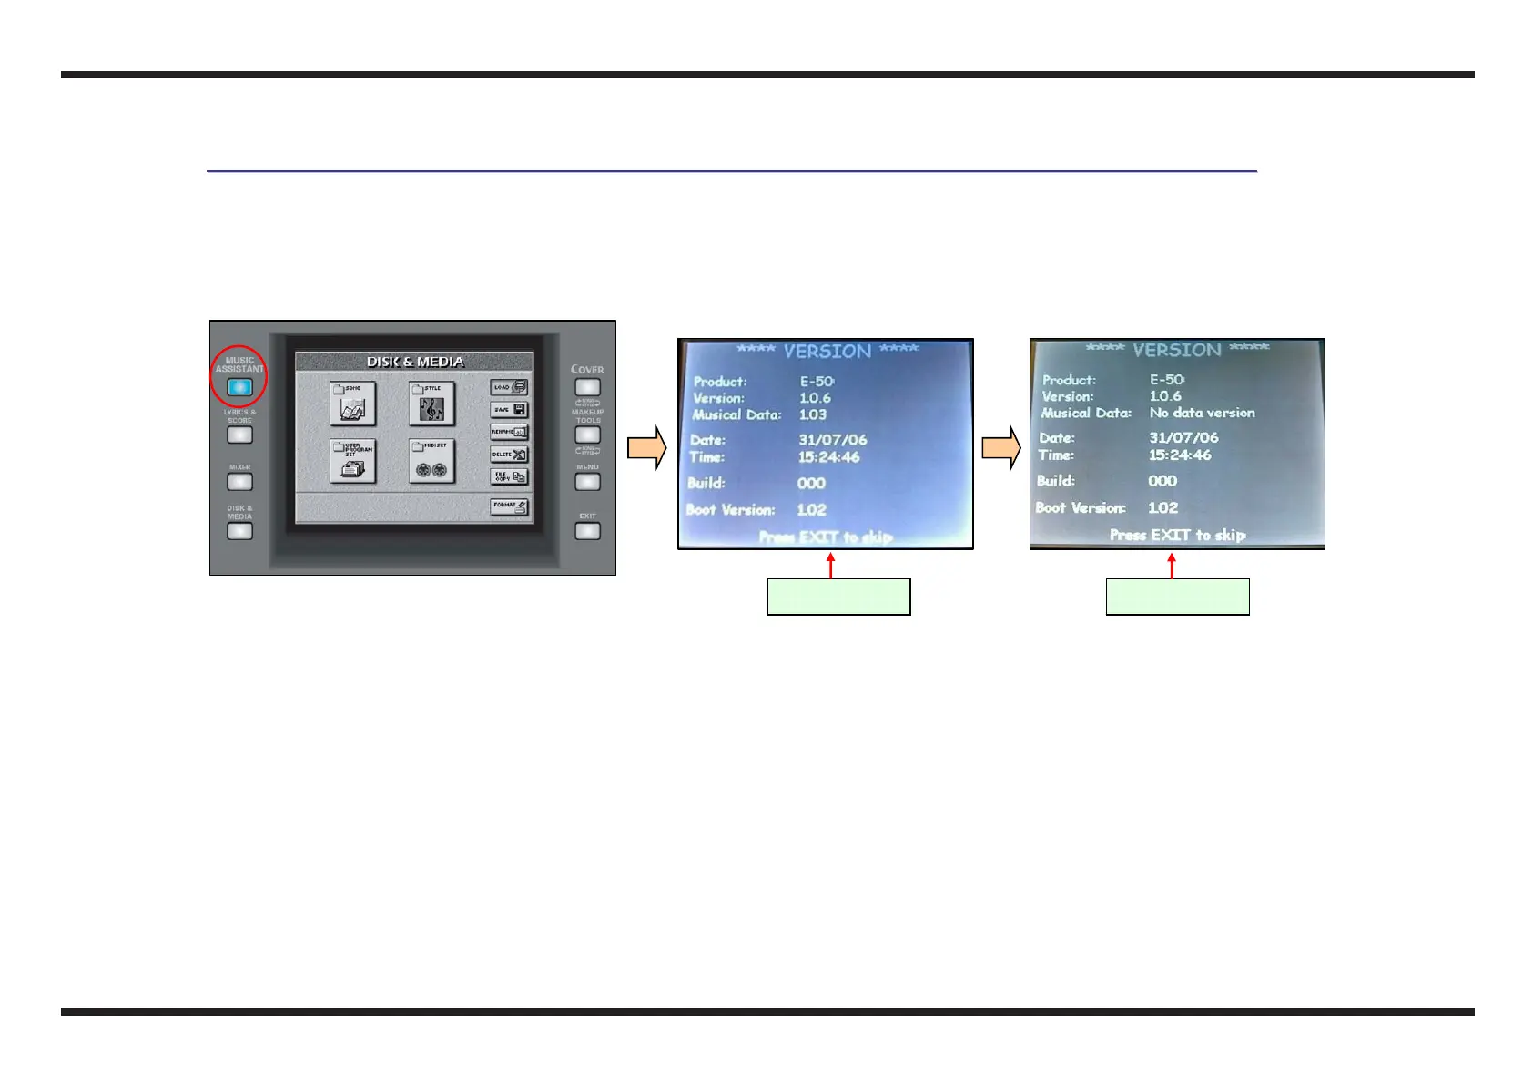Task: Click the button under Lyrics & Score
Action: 239,435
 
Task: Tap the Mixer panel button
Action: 239,481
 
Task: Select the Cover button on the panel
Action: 587,387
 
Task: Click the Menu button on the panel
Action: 587,482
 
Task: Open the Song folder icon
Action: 352,404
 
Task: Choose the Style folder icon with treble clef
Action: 431,404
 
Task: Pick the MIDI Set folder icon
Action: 431,462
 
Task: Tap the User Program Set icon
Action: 352,462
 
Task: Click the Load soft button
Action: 509,387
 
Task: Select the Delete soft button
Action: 509,454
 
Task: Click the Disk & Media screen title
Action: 414,362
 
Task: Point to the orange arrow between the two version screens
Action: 1001,447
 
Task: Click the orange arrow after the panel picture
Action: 647,447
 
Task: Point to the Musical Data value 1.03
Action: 813,414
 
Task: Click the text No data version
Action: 1202,413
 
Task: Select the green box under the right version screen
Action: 1177,597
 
